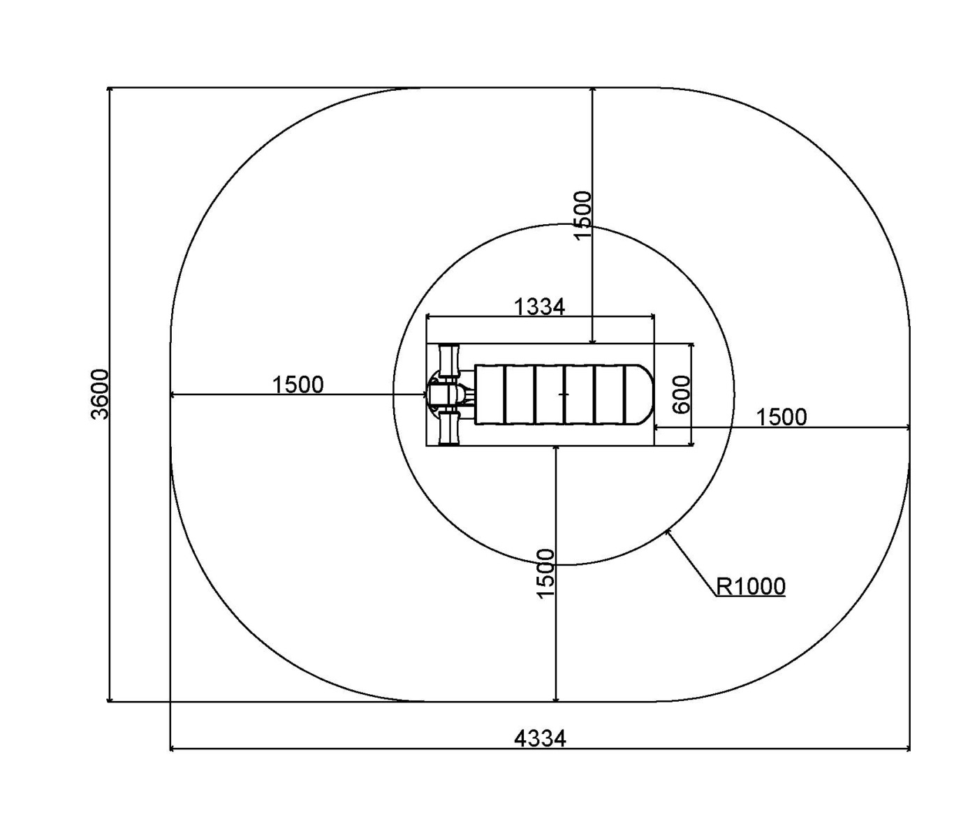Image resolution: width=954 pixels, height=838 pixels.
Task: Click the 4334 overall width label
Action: click(540, 738)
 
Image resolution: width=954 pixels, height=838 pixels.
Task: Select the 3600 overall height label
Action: click(100, 395)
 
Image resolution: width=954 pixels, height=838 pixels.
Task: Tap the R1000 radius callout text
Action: click(751, 586)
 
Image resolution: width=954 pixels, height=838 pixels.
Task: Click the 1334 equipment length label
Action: click(539, 307)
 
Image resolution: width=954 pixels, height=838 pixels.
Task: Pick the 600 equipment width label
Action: click(681, 395)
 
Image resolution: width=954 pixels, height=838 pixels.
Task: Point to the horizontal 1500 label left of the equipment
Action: click(298, 385)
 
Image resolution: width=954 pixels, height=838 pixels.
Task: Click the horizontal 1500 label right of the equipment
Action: click(781, 417)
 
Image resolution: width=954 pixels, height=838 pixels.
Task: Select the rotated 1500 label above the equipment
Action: click(582, 215)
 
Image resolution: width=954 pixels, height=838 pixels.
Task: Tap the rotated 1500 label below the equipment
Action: click(546, 574)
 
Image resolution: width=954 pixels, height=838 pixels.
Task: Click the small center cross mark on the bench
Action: click(564, 394)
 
